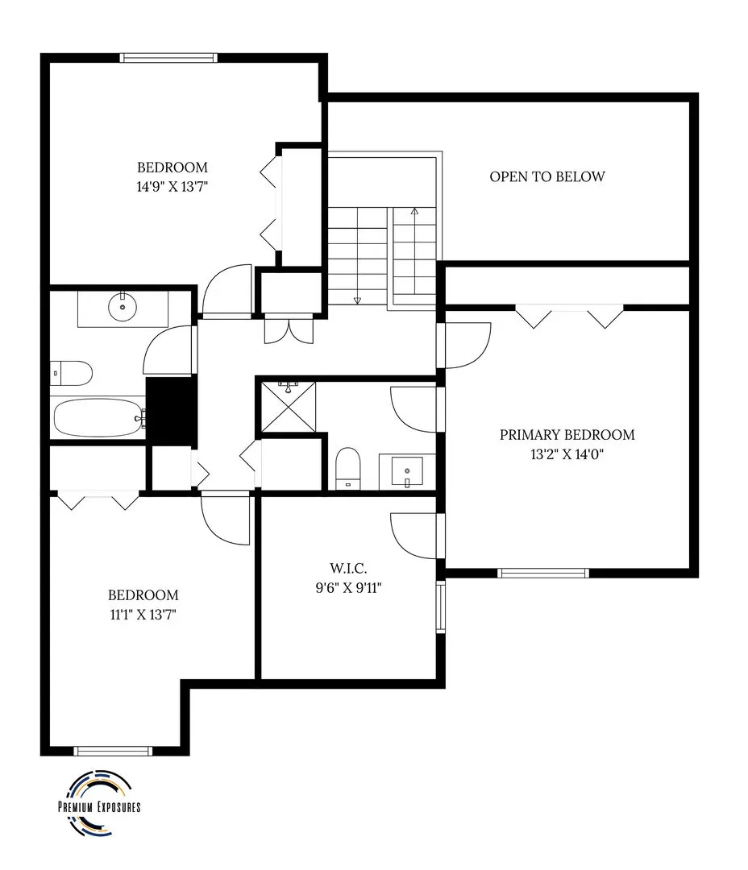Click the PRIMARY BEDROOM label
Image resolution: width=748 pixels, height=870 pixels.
(567, 435)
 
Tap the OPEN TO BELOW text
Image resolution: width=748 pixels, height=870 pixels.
(547, 176)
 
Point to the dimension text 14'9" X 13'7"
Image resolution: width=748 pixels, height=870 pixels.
(172, 186)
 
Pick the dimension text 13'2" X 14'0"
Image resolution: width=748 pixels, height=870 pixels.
(567, 454)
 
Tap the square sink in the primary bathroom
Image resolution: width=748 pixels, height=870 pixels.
(407, 470)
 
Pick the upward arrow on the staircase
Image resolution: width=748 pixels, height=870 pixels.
(414, 212)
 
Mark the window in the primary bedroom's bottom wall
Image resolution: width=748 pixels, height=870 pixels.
(542, 574)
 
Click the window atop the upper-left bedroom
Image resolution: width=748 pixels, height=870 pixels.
(168, 57)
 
